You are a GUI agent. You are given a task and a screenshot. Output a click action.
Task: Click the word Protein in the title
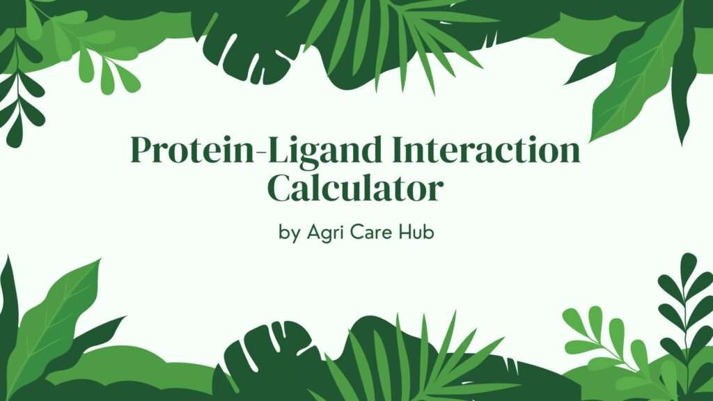coord(192,150)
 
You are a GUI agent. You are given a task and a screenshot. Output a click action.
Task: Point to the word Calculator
coord(355,187)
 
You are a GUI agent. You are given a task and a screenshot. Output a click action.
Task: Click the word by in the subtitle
coord(289,233)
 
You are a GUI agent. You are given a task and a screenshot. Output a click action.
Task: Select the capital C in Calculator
coord(281,187)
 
